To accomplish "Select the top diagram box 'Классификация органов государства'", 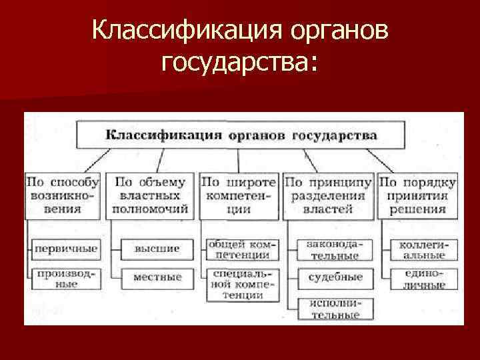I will pyautogui.click(x=241, y=135).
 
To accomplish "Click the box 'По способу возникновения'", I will pyautogui.click(x=63, y=195).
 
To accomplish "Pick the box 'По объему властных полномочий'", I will pyautogui.click(x=151, y=195).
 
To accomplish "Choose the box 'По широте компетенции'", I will pyautogui.click(x=238, y=195).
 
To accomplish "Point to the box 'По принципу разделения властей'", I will pyautogui.click(x=327, y=195).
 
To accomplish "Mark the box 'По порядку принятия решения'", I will pyautogui.click(x=418, y=195).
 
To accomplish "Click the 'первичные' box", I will pyautogui.click(x=65, y=249).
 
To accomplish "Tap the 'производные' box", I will pyautogui.click(x=65, y=278).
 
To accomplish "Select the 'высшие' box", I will pyautogui.click(x=157, y=249).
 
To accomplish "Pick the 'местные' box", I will pyautogui.click(x=157, y=277).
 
